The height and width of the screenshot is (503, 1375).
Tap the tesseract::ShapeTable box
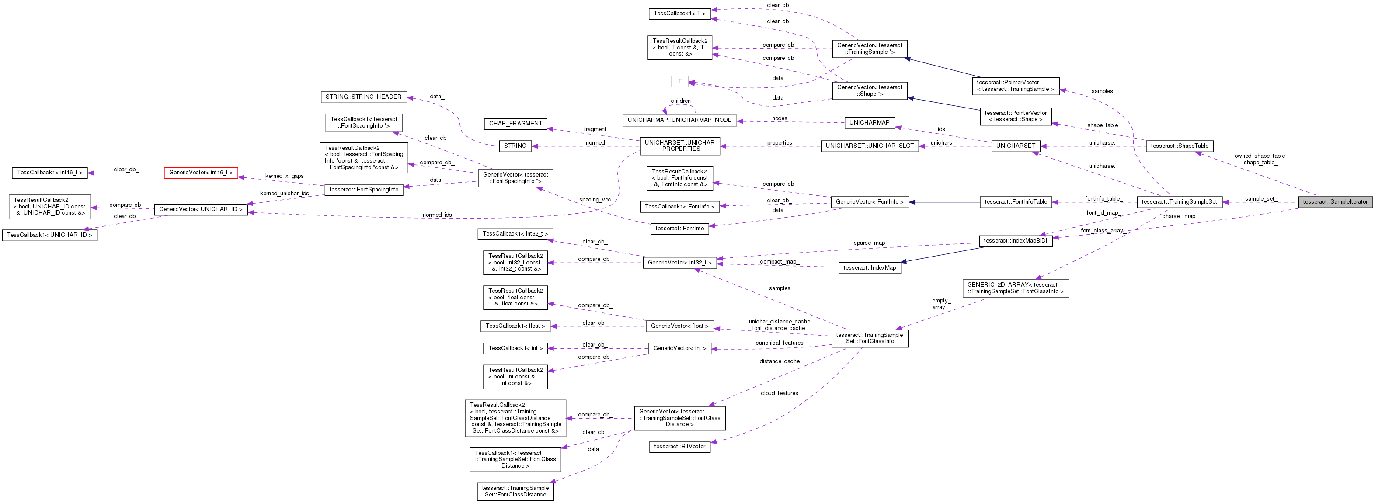[1179, 146]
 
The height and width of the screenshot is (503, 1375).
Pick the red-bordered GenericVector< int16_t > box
[201, 173]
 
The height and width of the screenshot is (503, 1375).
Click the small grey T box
[679, 82]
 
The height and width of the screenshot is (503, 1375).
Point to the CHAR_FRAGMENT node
[515, 124]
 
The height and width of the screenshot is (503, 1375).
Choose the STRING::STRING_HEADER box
[363, 97]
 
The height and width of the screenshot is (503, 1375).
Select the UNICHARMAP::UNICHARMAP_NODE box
[679, 120]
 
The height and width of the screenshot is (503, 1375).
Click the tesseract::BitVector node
[679, 447]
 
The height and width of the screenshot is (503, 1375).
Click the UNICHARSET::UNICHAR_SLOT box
[870, 146]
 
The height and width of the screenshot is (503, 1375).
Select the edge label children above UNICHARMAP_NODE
[681, 101]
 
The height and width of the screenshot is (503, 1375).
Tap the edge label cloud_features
[779, 394]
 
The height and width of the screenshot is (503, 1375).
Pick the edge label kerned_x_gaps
[284, 176]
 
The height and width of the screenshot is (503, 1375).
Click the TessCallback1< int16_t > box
[50, 173]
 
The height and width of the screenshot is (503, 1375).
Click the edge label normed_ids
[437, 215]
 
